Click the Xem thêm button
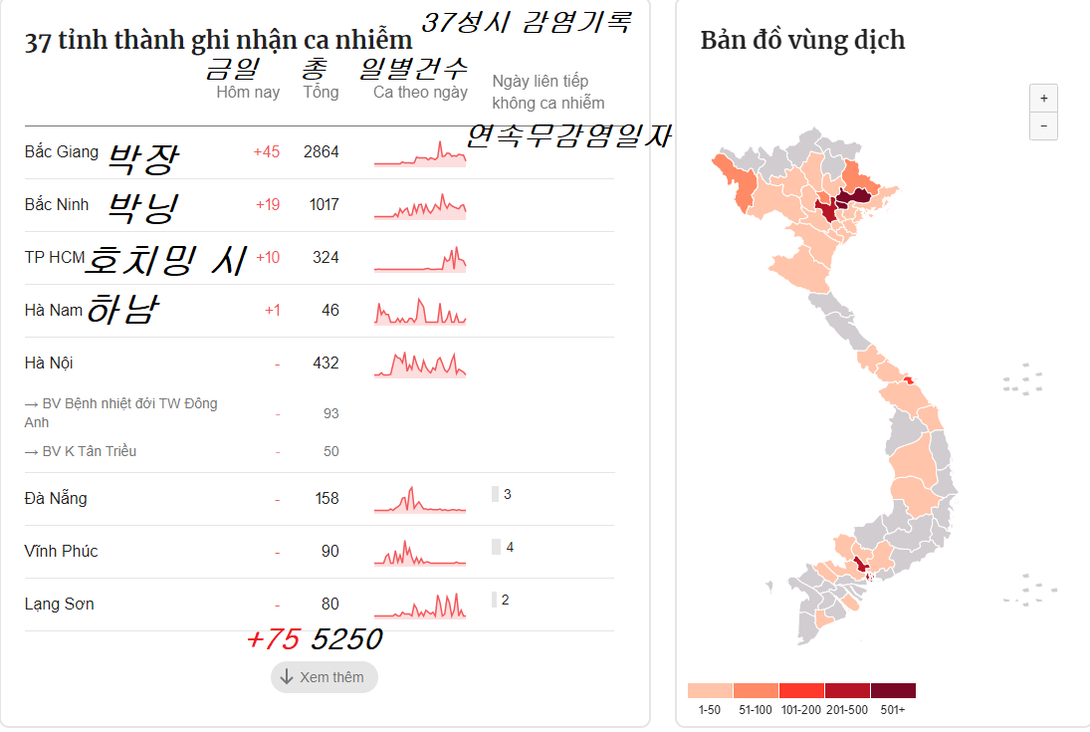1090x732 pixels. [x=324, y=677]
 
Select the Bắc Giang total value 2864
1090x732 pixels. [x=322, y=152]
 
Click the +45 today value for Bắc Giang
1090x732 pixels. [x=266, y=152]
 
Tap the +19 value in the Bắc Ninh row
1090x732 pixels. [x=267, y=205]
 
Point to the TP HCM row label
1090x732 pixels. [x=54, y=258]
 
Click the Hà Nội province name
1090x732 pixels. [x=49, y=364]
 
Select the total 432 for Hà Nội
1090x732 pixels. [x=326, y=364]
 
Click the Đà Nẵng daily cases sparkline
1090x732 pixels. [x=419, y=500]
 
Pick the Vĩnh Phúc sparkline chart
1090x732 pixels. [x=419, y=553]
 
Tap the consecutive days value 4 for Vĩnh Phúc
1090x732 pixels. [x=510, y=547]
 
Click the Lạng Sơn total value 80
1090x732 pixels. [x=329, y=605]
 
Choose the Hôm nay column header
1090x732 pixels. [x=248, y=93]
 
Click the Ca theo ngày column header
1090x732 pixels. [x=420, y=93]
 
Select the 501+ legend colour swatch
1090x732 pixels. [x=893, y=691]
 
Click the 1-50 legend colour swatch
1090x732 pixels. [x=710, y=691]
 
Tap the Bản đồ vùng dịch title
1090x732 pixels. [x=802, y=41]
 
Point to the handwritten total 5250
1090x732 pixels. [x=345, y=639]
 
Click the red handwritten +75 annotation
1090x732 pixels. [x=273, y=639]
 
